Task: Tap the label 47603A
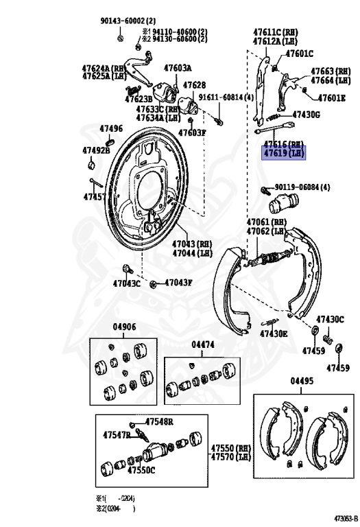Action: click(x=178, y=68)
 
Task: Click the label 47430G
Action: click(x=306, y=115)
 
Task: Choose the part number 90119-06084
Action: click(x=302, y=187)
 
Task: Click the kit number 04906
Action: click(x=124, y=328)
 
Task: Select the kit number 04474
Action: click(x=204, y=344)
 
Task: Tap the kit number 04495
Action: click(x=302, y=381)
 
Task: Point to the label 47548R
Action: click(x=158, y=421)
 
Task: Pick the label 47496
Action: click(x=111, y=128)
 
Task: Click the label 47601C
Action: click(x=299, y=54)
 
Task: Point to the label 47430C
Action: click(x=329, y=319)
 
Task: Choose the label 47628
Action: click(x=194, y=85)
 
